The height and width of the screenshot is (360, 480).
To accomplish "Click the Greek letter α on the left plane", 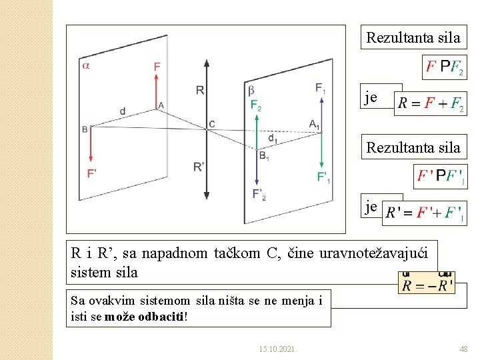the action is (86, 65).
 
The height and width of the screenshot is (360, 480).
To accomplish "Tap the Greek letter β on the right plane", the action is (251, 89).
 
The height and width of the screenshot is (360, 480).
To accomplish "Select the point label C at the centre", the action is (212, 124).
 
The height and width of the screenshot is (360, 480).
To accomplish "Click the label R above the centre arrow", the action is (199, 90).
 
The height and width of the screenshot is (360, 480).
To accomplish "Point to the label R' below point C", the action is (199, 167).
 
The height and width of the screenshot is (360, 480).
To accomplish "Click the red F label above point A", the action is (157, 66).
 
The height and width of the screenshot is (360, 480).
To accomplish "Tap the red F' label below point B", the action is (92, 173).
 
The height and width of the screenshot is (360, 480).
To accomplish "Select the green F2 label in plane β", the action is (256, 105).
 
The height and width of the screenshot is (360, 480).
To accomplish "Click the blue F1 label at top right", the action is (321, 88).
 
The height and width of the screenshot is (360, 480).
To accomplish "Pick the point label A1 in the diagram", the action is (315, 124).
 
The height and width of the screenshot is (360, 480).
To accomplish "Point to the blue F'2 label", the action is (259, 194).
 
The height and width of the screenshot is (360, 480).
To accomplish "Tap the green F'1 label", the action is (323, 177).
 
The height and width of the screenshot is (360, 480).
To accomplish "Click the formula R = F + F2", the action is (431, 104).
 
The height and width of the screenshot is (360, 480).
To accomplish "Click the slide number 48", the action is (463, 349).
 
